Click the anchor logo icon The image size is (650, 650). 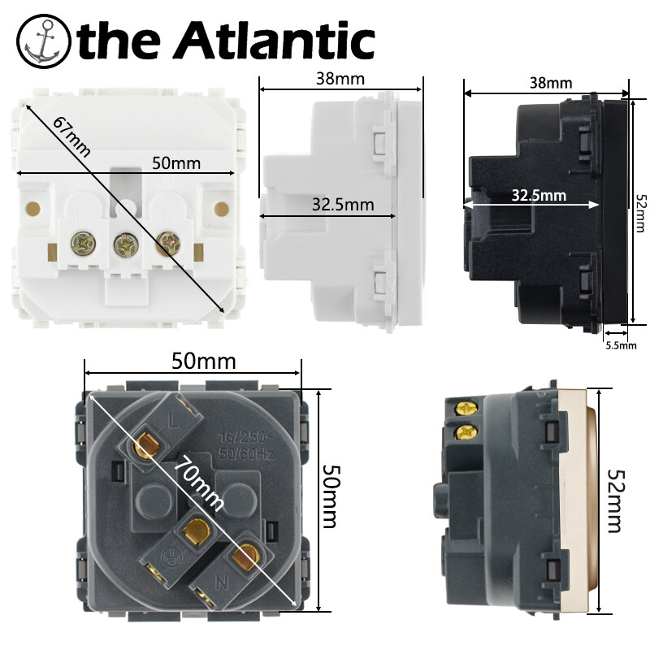coord(44,41)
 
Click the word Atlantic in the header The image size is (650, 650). coord(276,39)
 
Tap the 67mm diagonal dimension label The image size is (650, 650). coord(71,136)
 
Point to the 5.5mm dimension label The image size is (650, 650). coord(621,345)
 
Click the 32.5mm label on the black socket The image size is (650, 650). coord(539,195)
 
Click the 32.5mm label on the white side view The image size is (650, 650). coord(343,205)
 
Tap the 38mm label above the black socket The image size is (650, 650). coord(551,83)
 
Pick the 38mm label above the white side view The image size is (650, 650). coord(340,79)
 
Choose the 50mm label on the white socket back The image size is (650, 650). coord(176,163)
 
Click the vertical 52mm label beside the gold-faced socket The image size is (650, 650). coord(614,500)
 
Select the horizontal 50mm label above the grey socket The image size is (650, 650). coord(204,361)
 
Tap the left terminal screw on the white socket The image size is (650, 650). coord(84,242)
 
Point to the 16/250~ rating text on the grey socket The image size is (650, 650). coord(247,437)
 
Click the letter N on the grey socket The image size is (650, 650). coord(222,582)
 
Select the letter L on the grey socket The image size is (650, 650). coord(173,421)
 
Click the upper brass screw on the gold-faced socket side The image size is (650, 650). coord(464,409)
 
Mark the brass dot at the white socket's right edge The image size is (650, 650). coord(221,208)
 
